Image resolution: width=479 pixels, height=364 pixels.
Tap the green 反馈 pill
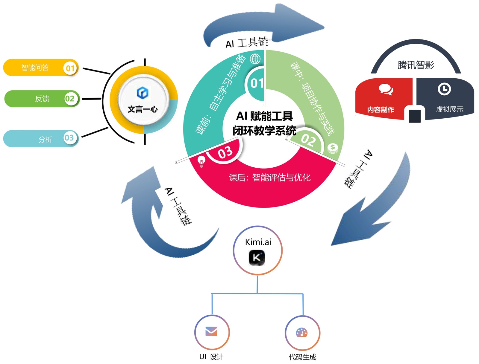click(x=42, y=99)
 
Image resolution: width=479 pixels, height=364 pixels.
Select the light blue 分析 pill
click(x=45, y=139)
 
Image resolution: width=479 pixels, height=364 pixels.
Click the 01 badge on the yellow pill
click(x=70, y=68)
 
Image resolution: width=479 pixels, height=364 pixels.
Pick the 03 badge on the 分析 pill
click(x=69, y=138)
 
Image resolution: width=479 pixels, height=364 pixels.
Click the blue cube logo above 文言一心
click(x=143, y=93)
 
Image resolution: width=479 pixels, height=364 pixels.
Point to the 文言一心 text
click(x=143, y=109)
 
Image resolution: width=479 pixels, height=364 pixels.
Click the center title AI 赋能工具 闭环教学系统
click(x=264, y=123)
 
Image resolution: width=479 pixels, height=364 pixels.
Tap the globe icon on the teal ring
click(x=255, y=59)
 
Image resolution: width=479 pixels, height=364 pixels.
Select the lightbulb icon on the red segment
click(x=201, y=161)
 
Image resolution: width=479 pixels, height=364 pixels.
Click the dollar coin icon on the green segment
click(x=333, y=147)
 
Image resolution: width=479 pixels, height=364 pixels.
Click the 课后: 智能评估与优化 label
click(x=269, y=178)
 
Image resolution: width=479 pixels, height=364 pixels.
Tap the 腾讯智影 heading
click(x=416, y=65)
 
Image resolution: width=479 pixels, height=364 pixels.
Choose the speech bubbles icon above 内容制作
click(x=386, y=89)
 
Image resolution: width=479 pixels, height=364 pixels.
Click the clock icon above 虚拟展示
click(x=444, y=89)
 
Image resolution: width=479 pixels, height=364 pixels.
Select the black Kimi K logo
click(x=257, y=258)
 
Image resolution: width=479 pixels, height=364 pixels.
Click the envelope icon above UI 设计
click(x=211, y=331)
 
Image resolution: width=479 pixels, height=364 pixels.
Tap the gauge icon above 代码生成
click(x=302, y=332)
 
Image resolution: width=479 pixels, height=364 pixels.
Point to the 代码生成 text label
click(x=302, y=357)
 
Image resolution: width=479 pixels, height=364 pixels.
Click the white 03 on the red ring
click(x=225, y=152)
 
